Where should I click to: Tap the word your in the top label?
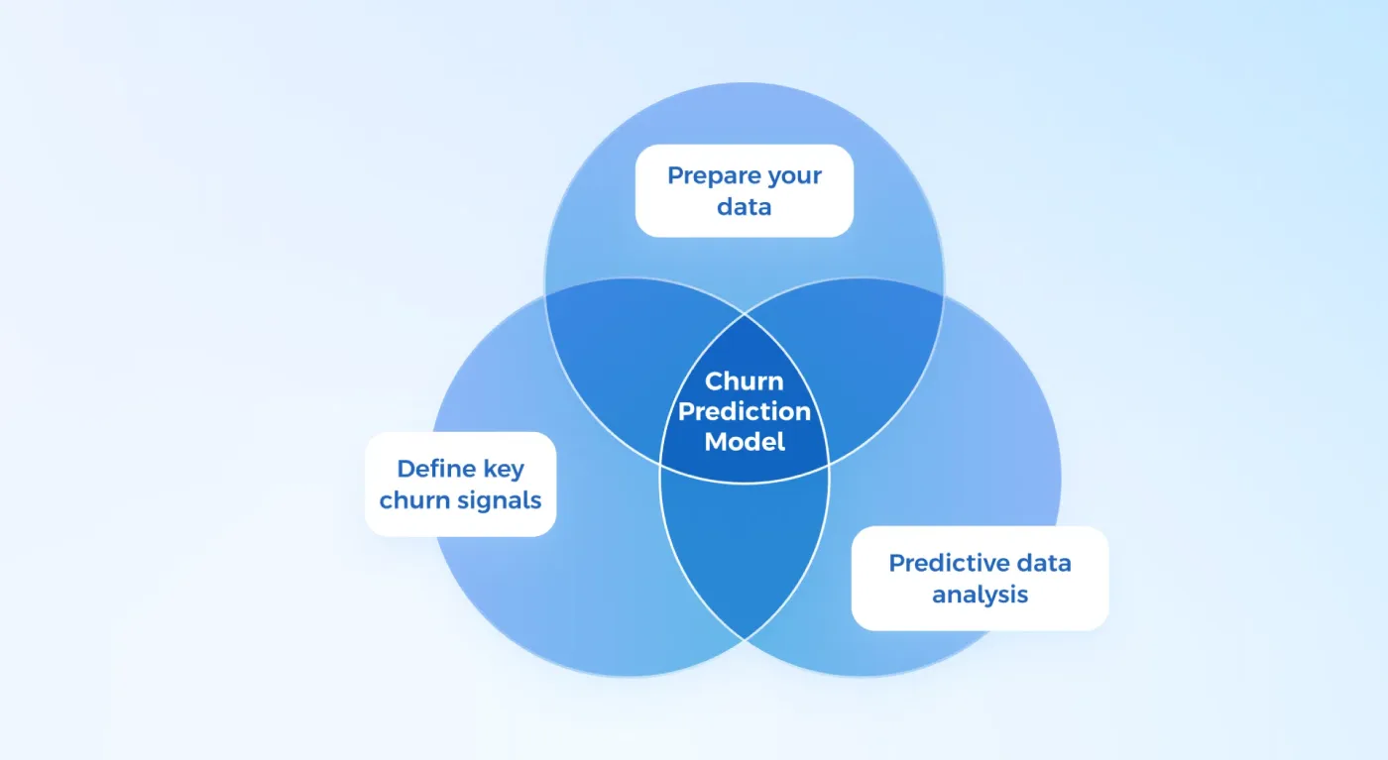tap(795, 177)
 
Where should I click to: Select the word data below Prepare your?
tap(744, 207)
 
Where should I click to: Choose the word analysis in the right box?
tap(980, 595)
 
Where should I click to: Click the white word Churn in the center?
tap(744, 381)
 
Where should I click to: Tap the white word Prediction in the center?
tap(744, 411)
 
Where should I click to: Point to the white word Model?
tap(744, 442)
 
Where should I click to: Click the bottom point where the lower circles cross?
tap(745, 639)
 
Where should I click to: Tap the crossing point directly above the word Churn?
tap(745, 314)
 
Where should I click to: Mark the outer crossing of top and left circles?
tap(545, 294)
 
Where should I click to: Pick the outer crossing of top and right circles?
tap(944, 294)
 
